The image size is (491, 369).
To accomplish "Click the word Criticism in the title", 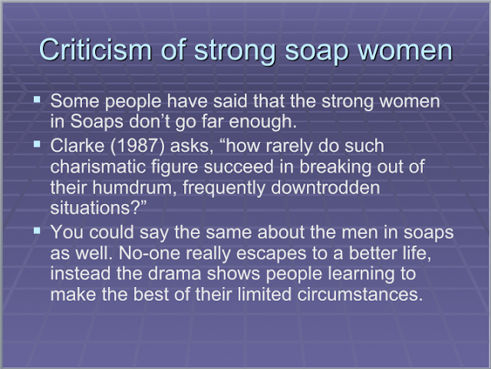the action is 95,50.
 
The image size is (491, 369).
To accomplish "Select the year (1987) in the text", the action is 137,146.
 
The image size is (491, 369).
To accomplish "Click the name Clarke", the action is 77,146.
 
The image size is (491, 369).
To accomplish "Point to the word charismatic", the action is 98,166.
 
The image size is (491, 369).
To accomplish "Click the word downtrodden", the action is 325,187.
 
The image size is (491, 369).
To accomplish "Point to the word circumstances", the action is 360,295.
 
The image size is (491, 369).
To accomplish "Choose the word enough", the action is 262,122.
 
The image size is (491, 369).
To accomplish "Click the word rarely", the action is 288,147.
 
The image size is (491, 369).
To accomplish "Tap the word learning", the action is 361,274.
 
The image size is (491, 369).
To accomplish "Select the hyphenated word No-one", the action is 150,253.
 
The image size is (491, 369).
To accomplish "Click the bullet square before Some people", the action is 38,100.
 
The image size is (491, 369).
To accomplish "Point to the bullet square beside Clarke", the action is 38,144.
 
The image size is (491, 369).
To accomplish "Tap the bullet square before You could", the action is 38,231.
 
